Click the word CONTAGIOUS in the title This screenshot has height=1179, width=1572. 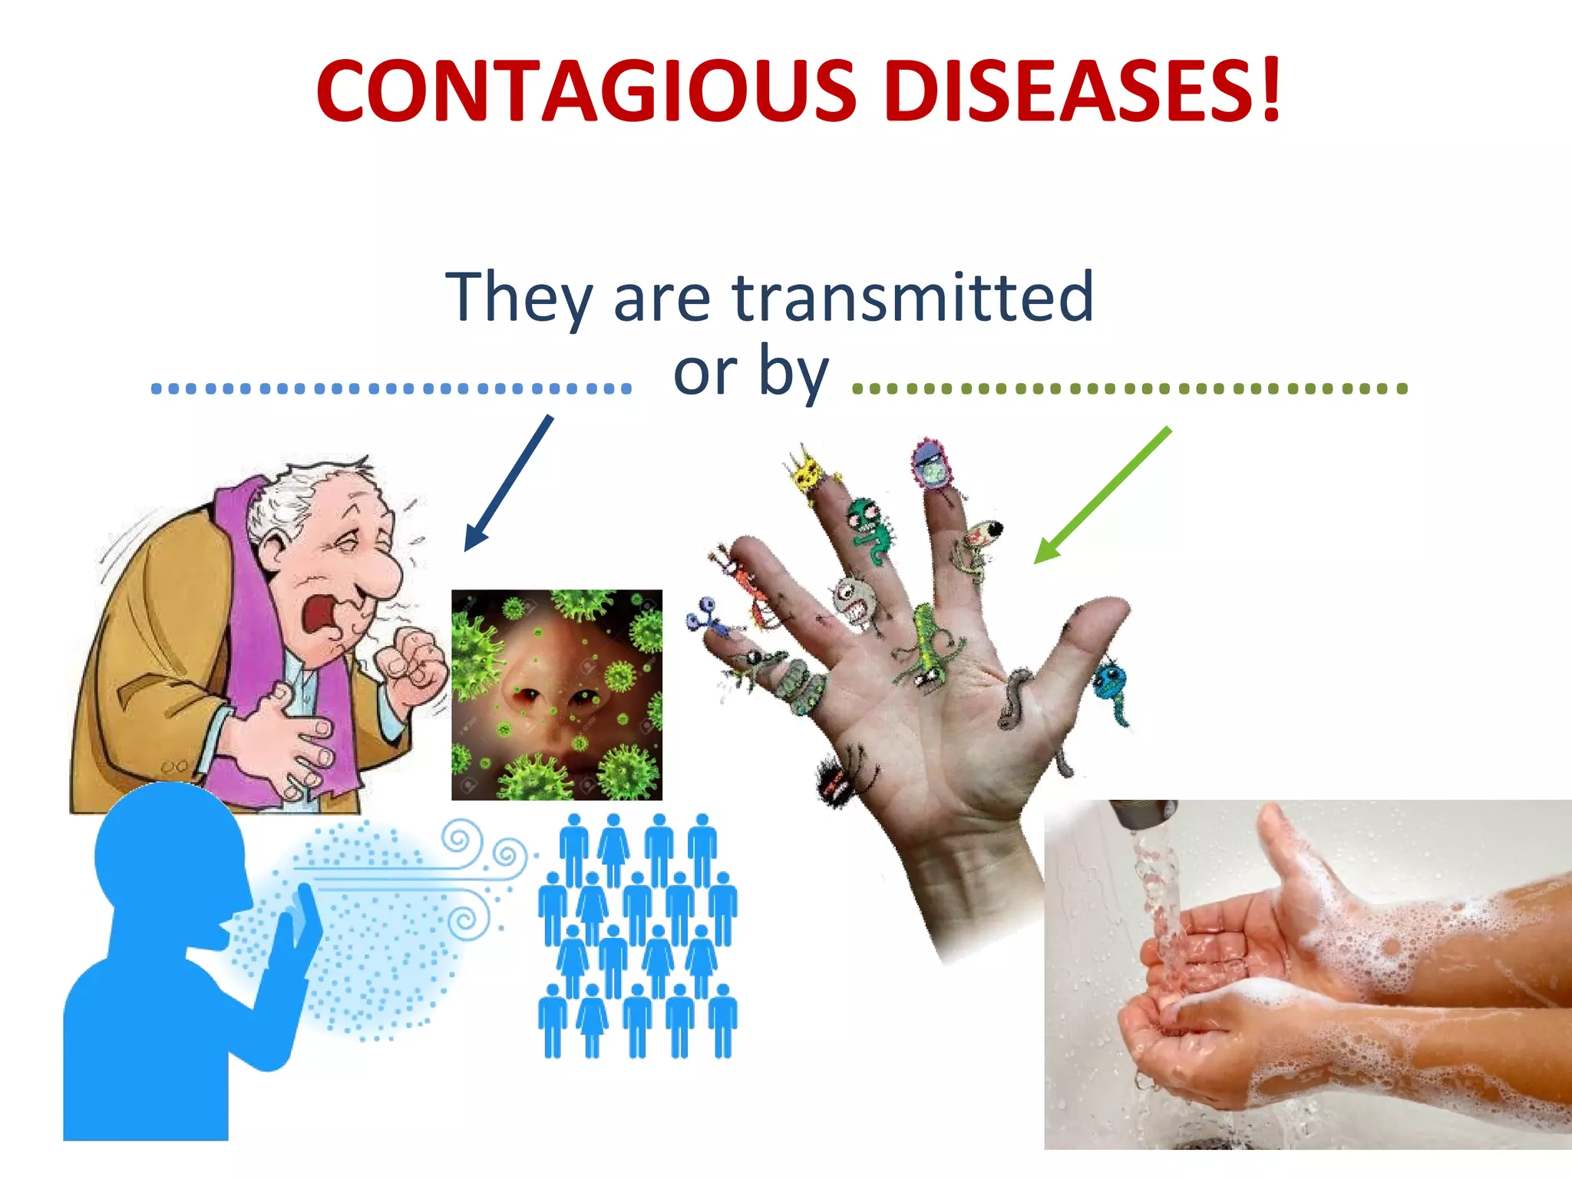(586, 91)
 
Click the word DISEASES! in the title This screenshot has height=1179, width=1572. (1082, 91)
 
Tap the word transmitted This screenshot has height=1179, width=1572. (913, 298)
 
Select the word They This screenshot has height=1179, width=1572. (519, 298)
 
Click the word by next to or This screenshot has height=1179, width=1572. (794, 372)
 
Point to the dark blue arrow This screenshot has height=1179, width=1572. (508, 484)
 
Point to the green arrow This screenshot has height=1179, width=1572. (1101, 496)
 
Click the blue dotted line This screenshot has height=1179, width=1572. (391, 388)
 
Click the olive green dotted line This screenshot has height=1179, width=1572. (1129, 388)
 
